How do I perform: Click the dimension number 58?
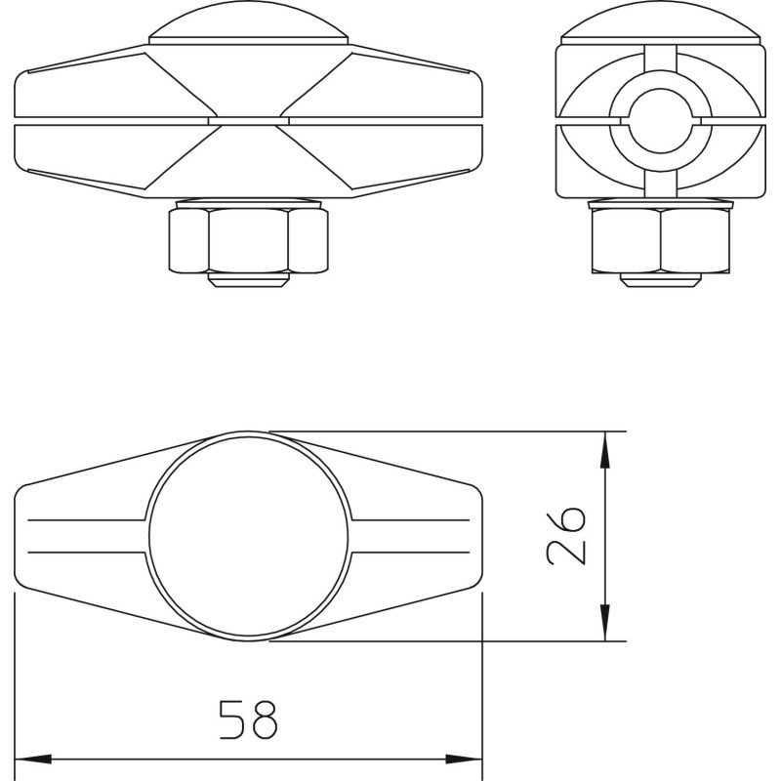[x=248, y=719]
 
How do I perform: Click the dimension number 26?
[x=565, y=536]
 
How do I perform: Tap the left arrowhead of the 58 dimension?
[x=33, y=760]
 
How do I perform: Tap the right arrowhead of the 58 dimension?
[x=464, y=760]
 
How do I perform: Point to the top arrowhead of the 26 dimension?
[x=604, y=450]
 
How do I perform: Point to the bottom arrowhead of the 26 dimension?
[x=604, y=623]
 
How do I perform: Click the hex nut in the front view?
[x=248, y=241]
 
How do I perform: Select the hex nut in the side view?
[x=661, y=241]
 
